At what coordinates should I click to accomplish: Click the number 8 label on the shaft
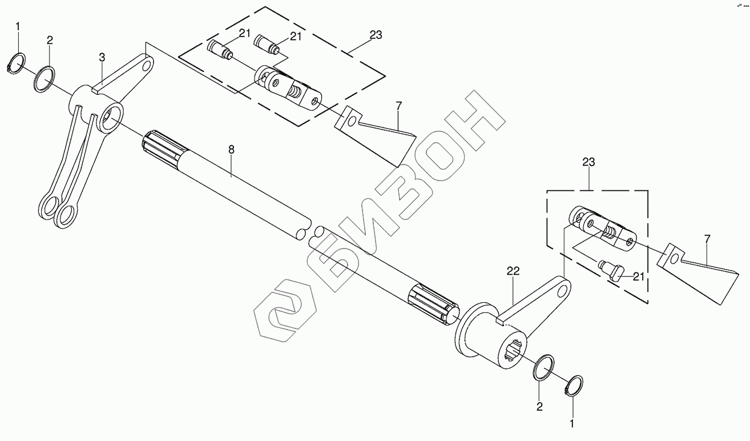coord(231,150)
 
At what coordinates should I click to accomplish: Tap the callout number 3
coord(102,57)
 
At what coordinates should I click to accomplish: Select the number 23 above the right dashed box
coord(588,163)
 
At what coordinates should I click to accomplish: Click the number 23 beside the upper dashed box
coord(375,35)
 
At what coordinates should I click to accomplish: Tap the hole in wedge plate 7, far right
coord(674,259)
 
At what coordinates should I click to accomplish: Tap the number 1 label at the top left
coord(18,26)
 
